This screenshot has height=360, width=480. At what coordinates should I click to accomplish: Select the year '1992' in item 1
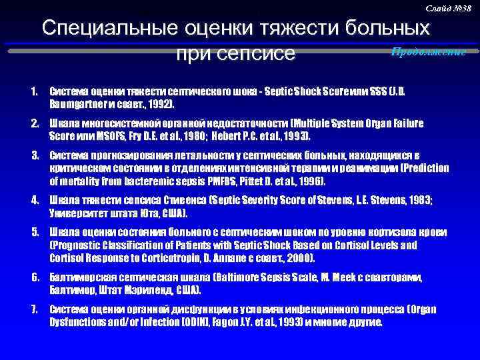158,105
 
